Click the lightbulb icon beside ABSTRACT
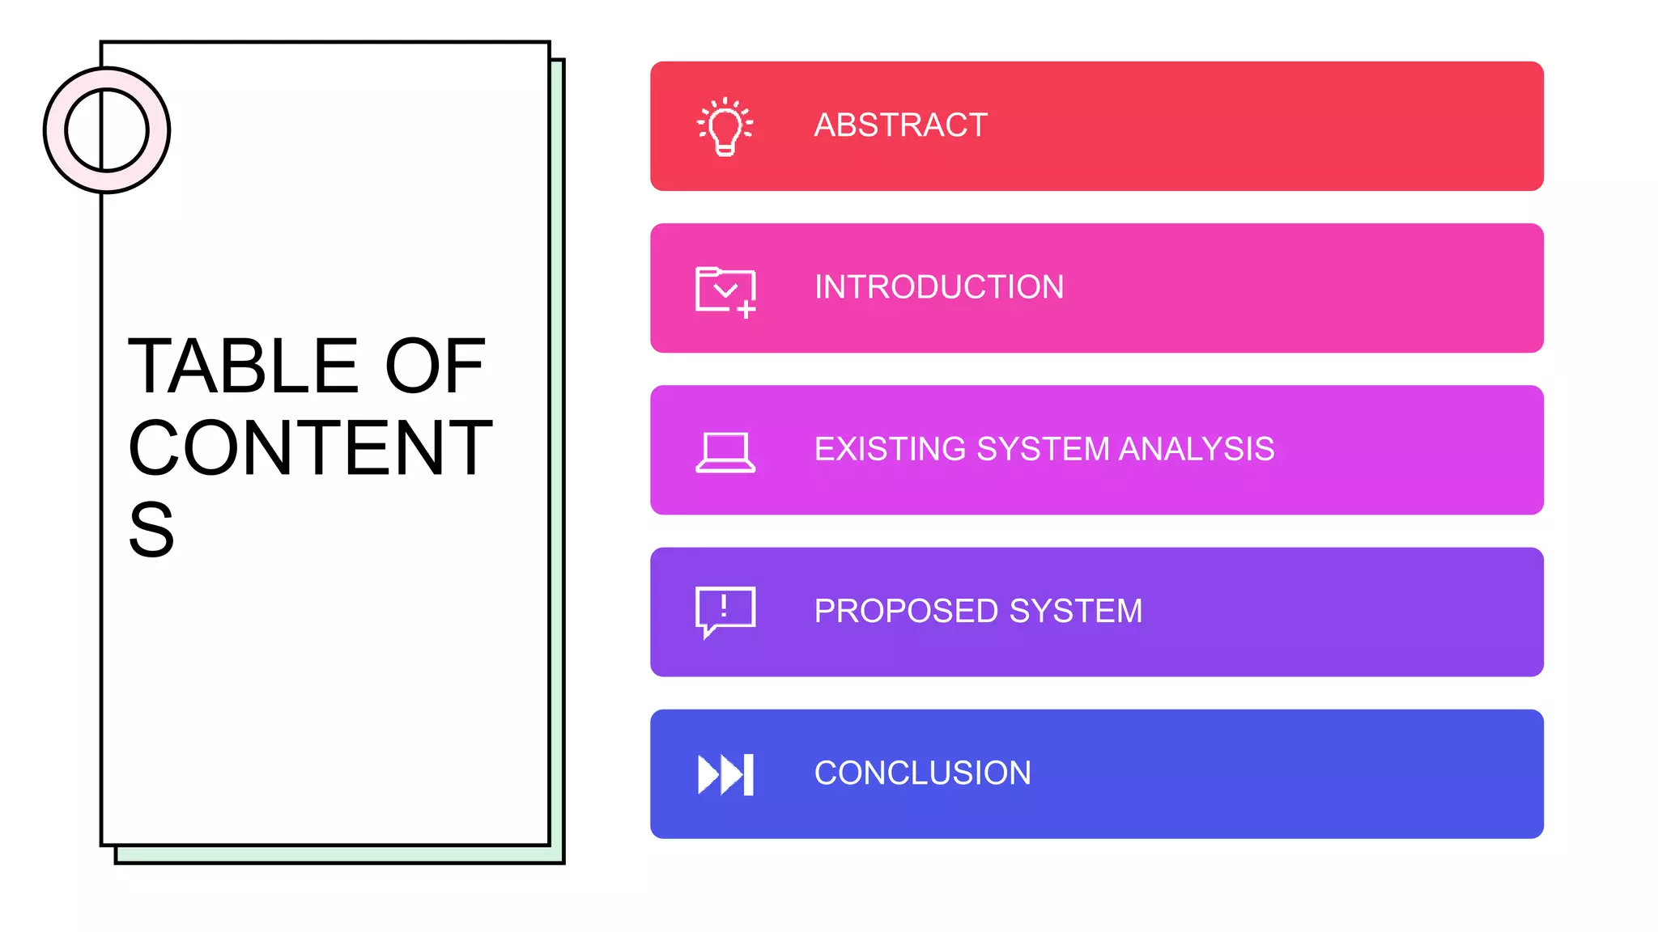click(725, 126)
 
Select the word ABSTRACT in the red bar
click(900, 125)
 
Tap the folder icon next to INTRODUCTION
click(725, 290)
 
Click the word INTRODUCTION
click(938, 287)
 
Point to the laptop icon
click(725, 451)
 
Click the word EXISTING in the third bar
click(891, 449)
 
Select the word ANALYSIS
click(1196, 449)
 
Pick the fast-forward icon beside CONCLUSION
click(725, 774)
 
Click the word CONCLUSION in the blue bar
click(922, 773)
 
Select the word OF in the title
click(435, 366)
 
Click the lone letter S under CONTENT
click(151, 530)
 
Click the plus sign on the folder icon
click(746, 309)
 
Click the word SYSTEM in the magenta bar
click(1043, 449)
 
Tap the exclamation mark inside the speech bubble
click(724, 606)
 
